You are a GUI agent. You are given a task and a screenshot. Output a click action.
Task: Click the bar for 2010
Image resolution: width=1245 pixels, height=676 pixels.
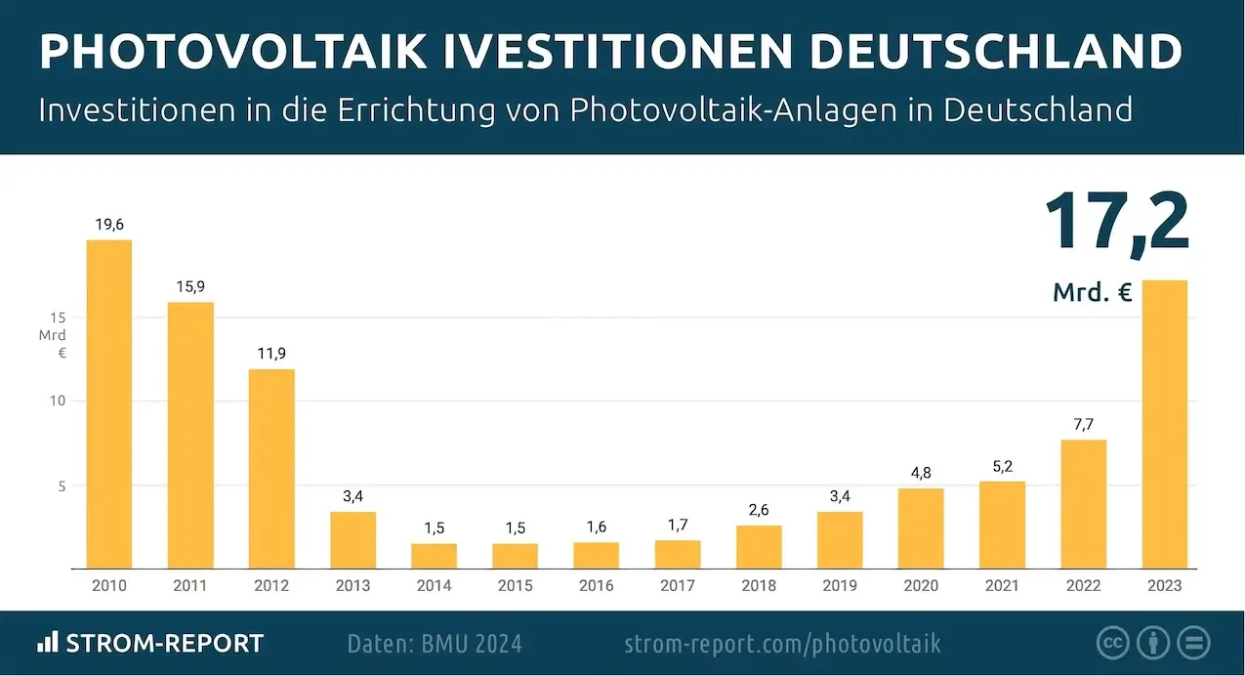pyautogui.click(x=109, y=403)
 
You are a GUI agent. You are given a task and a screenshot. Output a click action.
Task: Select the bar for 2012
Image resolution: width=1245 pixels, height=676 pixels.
pyautogui.click(x=271, y=468)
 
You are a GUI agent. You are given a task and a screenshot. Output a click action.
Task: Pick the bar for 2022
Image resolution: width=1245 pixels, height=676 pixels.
pyautogui.click(x=1083, y=503)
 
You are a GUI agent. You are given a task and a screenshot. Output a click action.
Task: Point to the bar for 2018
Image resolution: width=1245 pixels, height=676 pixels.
pyautogui.click(x=759, y=546)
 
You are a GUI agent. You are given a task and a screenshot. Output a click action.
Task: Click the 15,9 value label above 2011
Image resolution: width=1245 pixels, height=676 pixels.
pyautogui.click(x=190, y=287)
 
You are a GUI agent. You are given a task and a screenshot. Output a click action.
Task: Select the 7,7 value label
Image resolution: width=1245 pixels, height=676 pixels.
pyautogui.click(x=1083, y=425)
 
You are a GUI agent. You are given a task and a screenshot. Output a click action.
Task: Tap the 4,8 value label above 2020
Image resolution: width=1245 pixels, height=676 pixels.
pyautogui.click(x=921, y=473)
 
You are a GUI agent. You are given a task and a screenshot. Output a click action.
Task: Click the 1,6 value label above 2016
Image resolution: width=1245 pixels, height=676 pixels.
pyautogui.click(x=597, y=528)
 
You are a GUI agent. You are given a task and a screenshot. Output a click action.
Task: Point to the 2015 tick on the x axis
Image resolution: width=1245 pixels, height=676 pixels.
pyautogui.click(x=516, y=586)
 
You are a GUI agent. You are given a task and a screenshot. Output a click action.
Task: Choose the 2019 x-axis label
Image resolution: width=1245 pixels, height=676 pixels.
pyautogui.click(x=840, y=586)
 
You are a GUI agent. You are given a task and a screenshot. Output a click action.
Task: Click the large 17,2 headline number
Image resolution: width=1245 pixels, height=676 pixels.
pyautogui.click(x=1116, y=224)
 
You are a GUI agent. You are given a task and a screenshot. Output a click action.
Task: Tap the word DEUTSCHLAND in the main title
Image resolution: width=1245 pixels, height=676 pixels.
pyautogui.click(x=996, y=53)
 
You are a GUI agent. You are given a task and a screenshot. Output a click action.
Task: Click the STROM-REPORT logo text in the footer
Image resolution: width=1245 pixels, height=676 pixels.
pyautogui.click(x=164, y=644)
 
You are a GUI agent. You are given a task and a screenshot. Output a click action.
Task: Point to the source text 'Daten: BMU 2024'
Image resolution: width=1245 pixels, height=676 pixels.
pyautogui.click(x=435, y=644)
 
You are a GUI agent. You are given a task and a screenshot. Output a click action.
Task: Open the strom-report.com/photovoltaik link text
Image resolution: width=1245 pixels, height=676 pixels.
pyautogui.click(x=782, y=644)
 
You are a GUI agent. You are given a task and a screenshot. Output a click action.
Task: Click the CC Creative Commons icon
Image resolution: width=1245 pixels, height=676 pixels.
pyautogui.click(x=1112, y=643)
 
